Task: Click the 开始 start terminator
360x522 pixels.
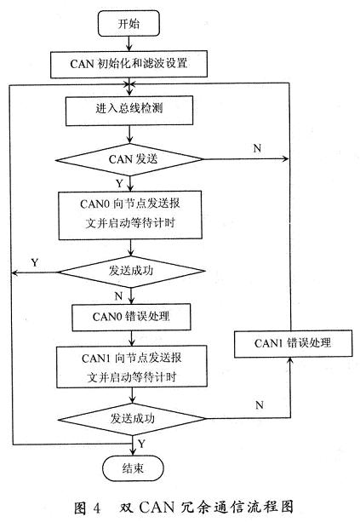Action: tap(129, 23)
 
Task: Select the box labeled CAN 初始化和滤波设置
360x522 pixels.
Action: tap(129, 64)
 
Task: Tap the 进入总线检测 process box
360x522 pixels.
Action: tap(129, 111)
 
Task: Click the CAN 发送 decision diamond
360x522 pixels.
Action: tap(129, 159)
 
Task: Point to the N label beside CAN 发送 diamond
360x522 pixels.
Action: tap(257, 148)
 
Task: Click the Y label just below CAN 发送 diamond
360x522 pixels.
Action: tap(119, 183)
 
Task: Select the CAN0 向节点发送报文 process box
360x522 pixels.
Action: tap(130, 215)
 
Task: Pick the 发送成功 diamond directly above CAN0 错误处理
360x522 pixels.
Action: tap(131, 272)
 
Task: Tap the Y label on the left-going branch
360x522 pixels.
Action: tap(35, 262)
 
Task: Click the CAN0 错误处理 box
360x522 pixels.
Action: tap(131, 317)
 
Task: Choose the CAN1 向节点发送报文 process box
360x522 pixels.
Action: tap(132, 366)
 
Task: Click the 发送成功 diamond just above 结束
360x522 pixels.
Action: tap(132, 419)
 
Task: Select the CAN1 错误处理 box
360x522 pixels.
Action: tap(293, 343)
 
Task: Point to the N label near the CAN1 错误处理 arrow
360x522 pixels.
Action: tap(260, 405)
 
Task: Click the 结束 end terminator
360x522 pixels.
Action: tap(133, 468)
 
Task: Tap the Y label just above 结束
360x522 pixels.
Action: tap(142, 444)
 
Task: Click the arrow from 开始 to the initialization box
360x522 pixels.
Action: tap(129, 43)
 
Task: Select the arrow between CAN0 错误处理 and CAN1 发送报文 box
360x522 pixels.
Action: tap(132, 339)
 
